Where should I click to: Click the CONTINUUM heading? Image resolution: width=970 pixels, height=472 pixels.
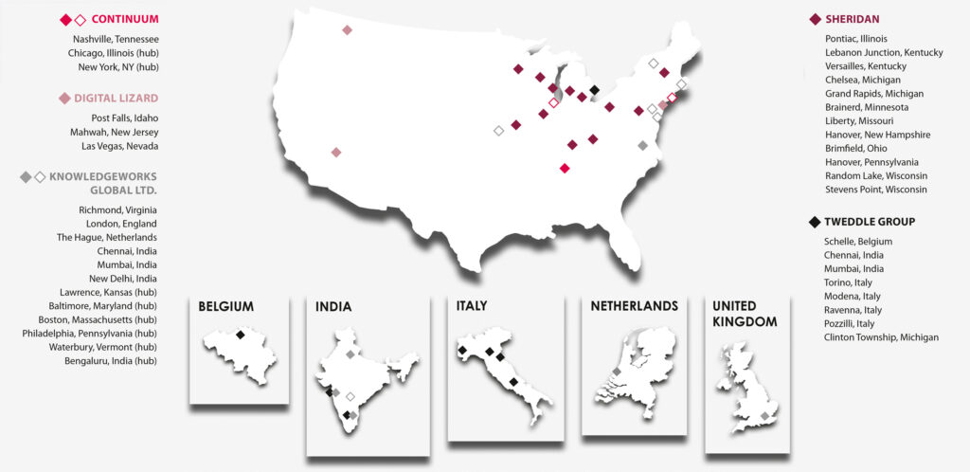click(125, 19)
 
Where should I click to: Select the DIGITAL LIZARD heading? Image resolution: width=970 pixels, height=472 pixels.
click(116, 98)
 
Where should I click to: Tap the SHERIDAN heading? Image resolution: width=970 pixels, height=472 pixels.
click(853, 19)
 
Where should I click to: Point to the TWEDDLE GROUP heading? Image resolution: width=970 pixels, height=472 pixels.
click(870, 222)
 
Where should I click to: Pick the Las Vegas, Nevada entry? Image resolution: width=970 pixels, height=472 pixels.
click(120, 146)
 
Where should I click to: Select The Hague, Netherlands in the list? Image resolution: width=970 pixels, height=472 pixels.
click(107, 237)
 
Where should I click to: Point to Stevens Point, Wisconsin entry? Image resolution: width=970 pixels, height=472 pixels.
click(877, 190)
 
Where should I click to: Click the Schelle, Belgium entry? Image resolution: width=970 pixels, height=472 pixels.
click(858, 242)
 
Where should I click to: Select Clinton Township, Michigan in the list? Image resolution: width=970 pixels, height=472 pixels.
click(882, 337)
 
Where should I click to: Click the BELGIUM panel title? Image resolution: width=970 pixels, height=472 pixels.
click(225, 307)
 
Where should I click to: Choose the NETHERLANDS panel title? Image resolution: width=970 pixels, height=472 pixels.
click(634, 306)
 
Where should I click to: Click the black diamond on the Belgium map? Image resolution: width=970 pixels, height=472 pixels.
click(241, 335)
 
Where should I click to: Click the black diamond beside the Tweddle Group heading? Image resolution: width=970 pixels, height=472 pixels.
click(815, 222)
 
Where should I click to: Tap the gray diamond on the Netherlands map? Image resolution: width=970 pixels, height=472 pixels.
click(617, 372)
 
